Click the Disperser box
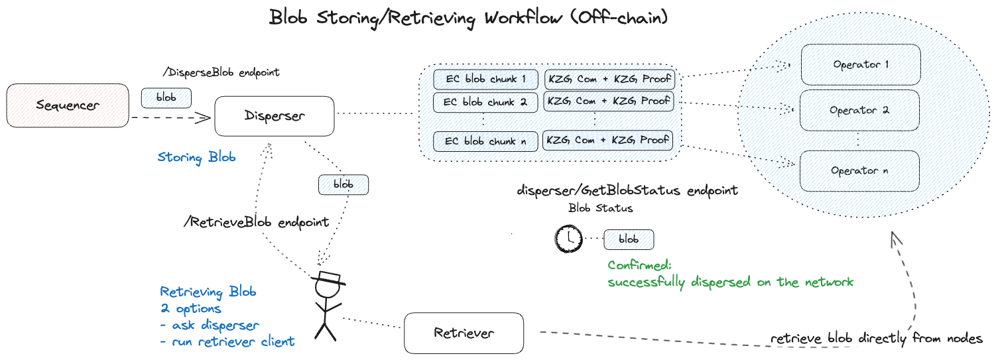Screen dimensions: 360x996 coord(275,116)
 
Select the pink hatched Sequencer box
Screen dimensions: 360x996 coord(67,105)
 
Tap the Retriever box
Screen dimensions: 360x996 coord(464,332)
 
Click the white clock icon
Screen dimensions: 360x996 coord(568,239)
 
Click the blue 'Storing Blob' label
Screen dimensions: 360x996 coord(196,158)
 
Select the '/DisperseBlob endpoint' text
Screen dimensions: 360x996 coord(221,73)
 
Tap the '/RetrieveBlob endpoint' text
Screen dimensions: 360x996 coord(256,222)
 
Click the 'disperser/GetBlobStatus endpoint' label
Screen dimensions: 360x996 coord(627,191)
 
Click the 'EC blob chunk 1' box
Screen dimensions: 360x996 coord(486,79)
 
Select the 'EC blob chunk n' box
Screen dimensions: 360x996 coord(486,141)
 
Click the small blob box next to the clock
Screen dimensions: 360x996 coord(629,239)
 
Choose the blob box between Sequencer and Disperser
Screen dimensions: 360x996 coord(166,98)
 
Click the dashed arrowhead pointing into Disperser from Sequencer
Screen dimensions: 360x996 coord(204,118)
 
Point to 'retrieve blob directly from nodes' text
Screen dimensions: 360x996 coord(875,339)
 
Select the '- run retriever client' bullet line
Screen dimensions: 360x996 coord(227,342)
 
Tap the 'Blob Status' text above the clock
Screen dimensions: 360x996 coord(600,208)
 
